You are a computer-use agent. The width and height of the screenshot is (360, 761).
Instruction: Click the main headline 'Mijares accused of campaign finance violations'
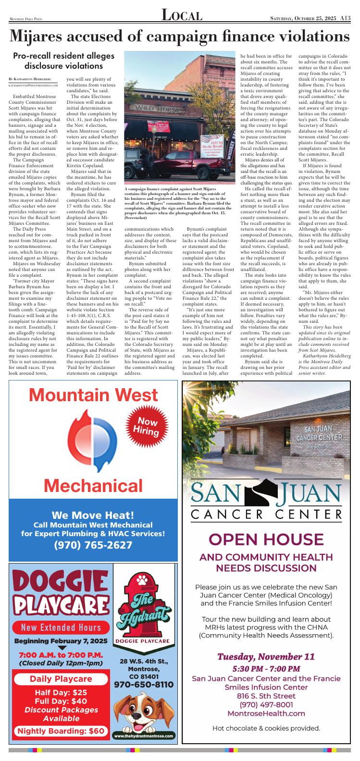click(180, 36)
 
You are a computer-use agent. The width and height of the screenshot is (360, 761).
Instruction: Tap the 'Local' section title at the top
click(181, 16)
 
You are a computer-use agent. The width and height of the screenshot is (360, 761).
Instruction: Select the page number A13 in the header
click(345, 18)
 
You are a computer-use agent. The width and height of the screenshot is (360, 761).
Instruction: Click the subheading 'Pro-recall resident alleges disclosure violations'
click(63, 61)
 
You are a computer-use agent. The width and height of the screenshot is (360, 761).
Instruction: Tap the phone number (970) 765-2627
click(93, 545)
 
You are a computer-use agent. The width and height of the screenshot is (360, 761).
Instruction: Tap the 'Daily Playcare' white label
click(61, 679)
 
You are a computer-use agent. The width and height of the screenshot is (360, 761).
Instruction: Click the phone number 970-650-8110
click(144, 684)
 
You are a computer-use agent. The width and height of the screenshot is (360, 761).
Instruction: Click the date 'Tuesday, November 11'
click(266, 656)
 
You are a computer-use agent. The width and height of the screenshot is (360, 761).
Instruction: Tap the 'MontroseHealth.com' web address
click(266, 713)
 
